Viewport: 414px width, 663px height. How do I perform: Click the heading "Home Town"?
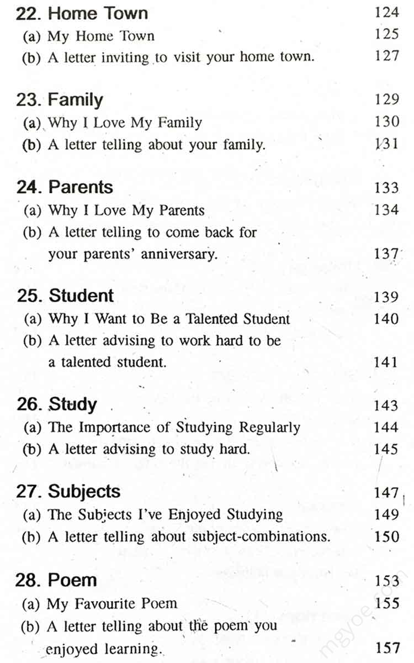pos(98,13)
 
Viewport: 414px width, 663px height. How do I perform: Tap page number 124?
pos(386,12)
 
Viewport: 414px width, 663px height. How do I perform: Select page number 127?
pos(386,56)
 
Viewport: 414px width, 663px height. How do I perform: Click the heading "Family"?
pos(75,100)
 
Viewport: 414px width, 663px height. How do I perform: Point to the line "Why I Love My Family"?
pos(125,122)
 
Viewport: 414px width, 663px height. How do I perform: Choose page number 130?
pos(386,122)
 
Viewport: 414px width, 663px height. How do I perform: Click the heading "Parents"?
pos(81,187)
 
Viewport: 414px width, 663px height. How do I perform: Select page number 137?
pos(386,254)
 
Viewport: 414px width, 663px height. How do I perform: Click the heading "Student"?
pos(81,296)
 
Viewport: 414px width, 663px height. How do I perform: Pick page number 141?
pos(386,362)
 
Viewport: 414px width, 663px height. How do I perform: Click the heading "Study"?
pos(73,405)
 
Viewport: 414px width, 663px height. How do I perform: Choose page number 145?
pos(386,449)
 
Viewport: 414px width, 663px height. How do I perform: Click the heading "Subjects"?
pos(84,492)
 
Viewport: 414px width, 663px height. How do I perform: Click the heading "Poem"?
pos(72,580)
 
